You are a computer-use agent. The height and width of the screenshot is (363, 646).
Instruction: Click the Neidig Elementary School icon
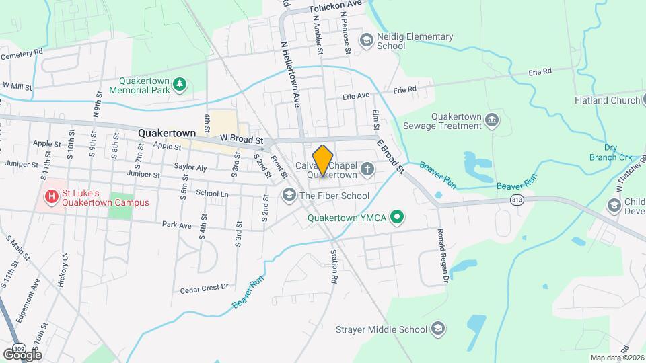click(367, 40)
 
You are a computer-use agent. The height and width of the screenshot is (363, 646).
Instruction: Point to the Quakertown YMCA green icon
click(398, 217)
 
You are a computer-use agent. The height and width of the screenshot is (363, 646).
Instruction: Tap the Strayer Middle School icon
click(438, 329)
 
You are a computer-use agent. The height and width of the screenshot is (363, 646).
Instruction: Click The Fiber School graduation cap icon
click(289, 196)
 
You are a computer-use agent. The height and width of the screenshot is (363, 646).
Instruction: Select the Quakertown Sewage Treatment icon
click(492, 120)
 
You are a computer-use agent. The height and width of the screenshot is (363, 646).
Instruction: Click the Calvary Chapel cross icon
click(367, 169)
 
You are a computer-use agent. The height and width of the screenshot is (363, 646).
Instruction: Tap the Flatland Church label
click(606, 101)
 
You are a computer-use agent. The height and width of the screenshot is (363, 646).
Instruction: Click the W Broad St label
click(240, 138)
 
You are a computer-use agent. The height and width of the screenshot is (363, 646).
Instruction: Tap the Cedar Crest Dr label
click(205, 288)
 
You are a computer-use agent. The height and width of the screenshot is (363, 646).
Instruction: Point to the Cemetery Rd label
click(22, 53)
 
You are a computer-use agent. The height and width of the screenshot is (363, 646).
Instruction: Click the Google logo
click(22, 354)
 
